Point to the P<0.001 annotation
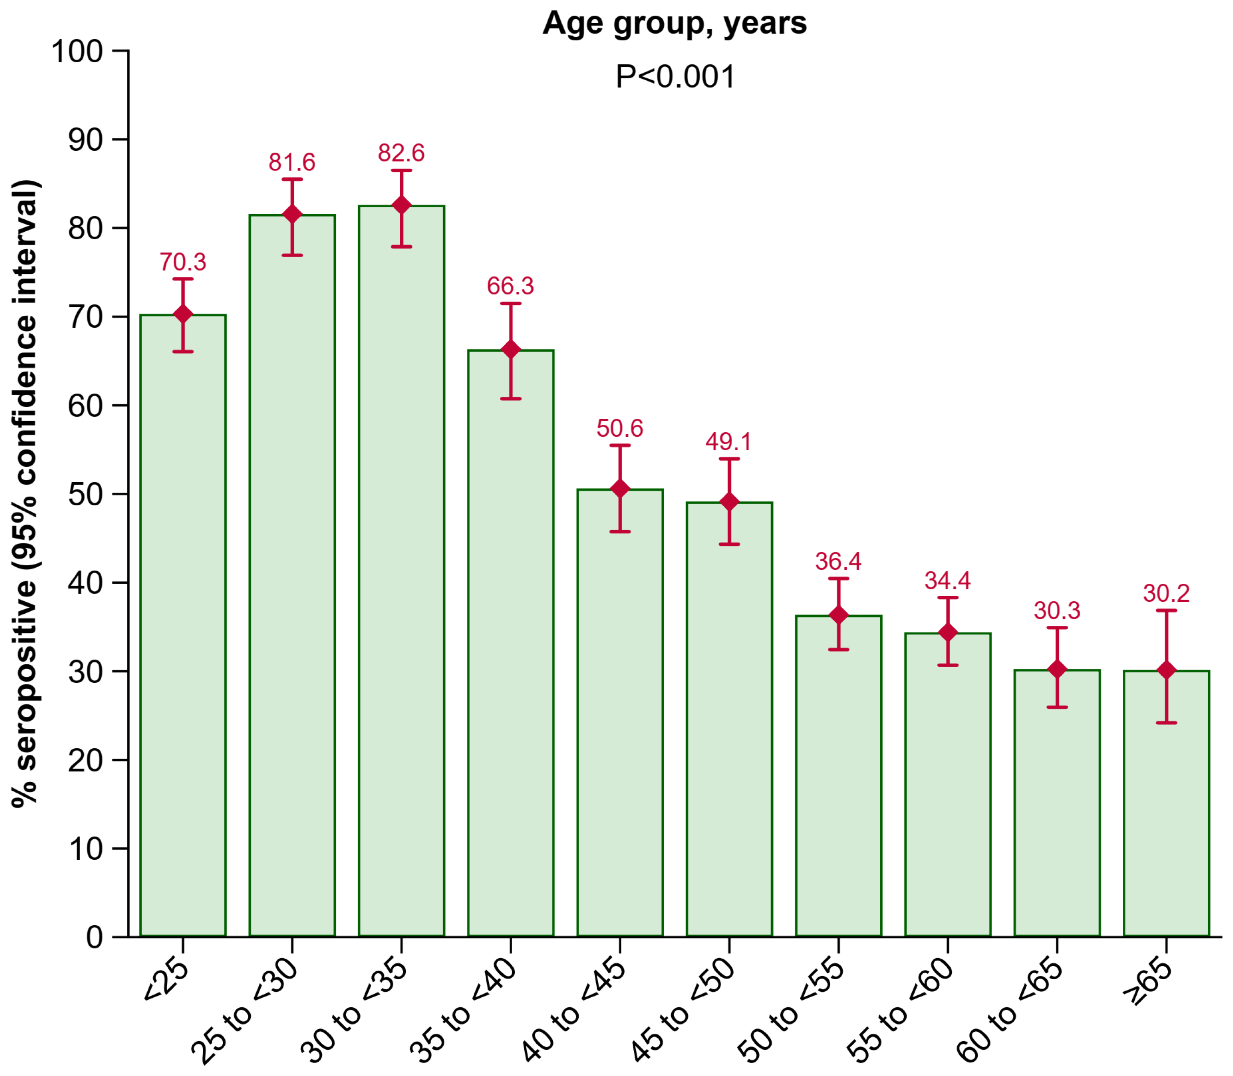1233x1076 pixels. [x=675, y=77]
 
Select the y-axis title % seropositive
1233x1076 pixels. [x=25, y=492]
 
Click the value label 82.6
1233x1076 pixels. [x=401, y=153]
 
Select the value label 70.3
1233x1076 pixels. [x=183, y=262]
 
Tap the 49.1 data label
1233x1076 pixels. [x=729, y=442]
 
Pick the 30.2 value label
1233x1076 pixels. [x=1166, y=594]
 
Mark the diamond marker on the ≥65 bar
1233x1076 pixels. [x=1166, y=670]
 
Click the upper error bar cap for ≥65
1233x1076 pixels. [x=1166, y=611]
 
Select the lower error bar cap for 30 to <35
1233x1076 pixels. [x=401, y=247]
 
